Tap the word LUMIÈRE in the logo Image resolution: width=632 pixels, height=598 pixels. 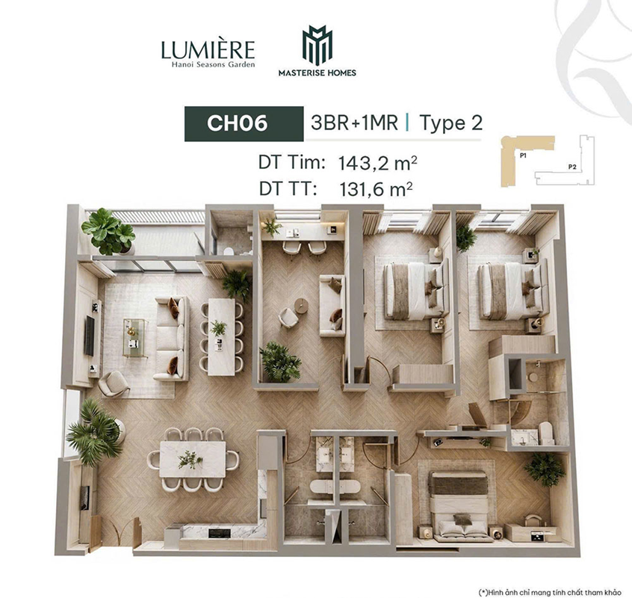click(x=208, y=49)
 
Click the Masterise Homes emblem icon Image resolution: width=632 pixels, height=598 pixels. click(x=317, y=45)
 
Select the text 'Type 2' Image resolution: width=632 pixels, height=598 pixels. click(x=450, y=123)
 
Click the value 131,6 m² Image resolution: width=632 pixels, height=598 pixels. click(x=376, y=189)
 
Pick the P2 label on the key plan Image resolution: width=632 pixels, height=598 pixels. click(x=572, y=166)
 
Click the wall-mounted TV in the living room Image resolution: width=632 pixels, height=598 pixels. click(x=90, y=336)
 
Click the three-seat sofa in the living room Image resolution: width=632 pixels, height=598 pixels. click(x=172, y=339)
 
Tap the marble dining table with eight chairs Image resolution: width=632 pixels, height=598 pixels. click(x=193, y=459)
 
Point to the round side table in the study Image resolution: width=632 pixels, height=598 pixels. click(x=301, y=305)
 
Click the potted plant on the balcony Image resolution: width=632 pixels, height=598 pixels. click(x=108, y=232)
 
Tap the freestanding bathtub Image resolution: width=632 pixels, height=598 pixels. click(x=335, y=487)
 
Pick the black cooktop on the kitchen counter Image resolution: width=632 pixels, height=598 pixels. click(x=220, y=533)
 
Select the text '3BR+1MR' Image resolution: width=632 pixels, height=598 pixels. click(x=354, y=123)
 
